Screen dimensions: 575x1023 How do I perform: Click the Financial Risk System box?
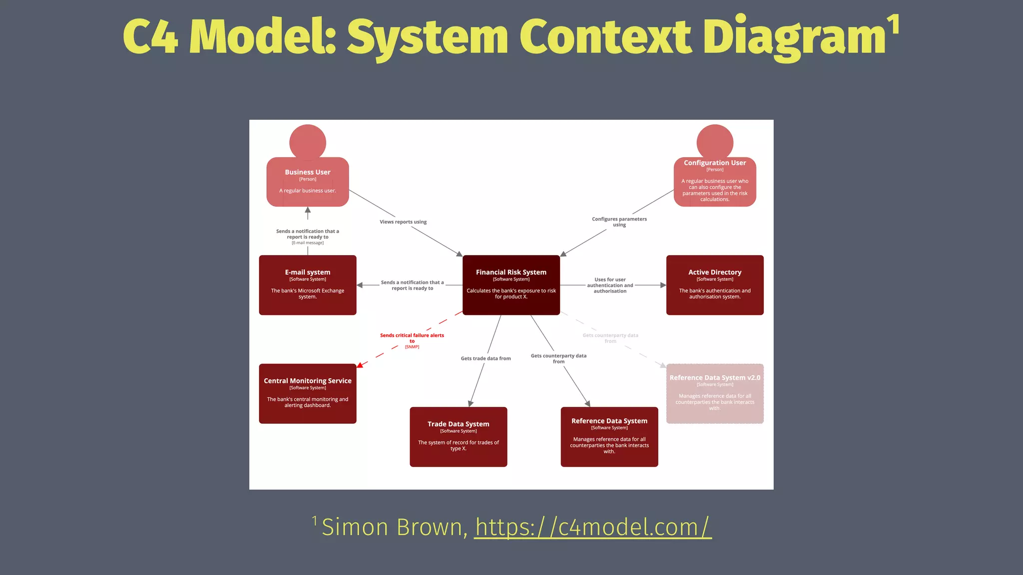click(511, 285)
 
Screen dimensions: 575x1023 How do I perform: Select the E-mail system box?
click(307, 285)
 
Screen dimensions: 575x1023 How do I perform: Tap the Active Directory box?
click(714, 285)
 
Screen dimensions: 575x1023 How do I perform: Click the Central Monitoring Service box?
click(307, 393)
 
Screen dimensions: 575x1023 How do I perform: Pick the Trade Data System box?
click(458, 437)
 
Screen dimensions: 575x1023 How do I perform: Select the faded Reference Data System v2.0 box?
click(714, 393)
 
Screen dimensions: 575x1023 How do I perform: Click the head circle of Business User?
click(308, 142)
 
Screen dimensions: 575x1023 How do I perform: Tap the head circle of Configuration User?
click(715, 142)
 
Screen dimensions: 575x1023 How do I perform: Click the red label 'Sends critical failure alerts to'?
click(412, 338)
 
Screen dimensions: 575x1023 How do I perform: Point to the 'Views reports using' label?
click(403, 222)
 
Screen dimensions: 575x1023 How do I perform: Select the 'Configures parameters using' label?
click(619, 222)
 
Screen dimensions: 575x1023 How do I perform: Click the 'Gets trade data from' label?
click(486, 358)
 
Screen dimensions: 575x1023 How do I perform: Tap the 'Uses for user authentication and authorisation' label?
click(610, 285)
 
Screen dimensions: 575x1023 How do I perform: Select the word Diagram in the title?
click(794, 37)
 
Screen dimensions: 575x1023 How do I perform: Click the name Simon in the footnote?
click(355, 528)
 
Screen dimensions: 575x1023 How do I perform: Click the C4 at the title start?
click(150, 37)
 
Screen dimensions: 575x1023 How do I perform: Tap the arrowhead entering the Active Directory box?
click(663, 285)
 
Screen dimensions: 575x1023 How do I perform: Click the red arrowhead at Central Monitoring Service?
click(360, 365)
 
